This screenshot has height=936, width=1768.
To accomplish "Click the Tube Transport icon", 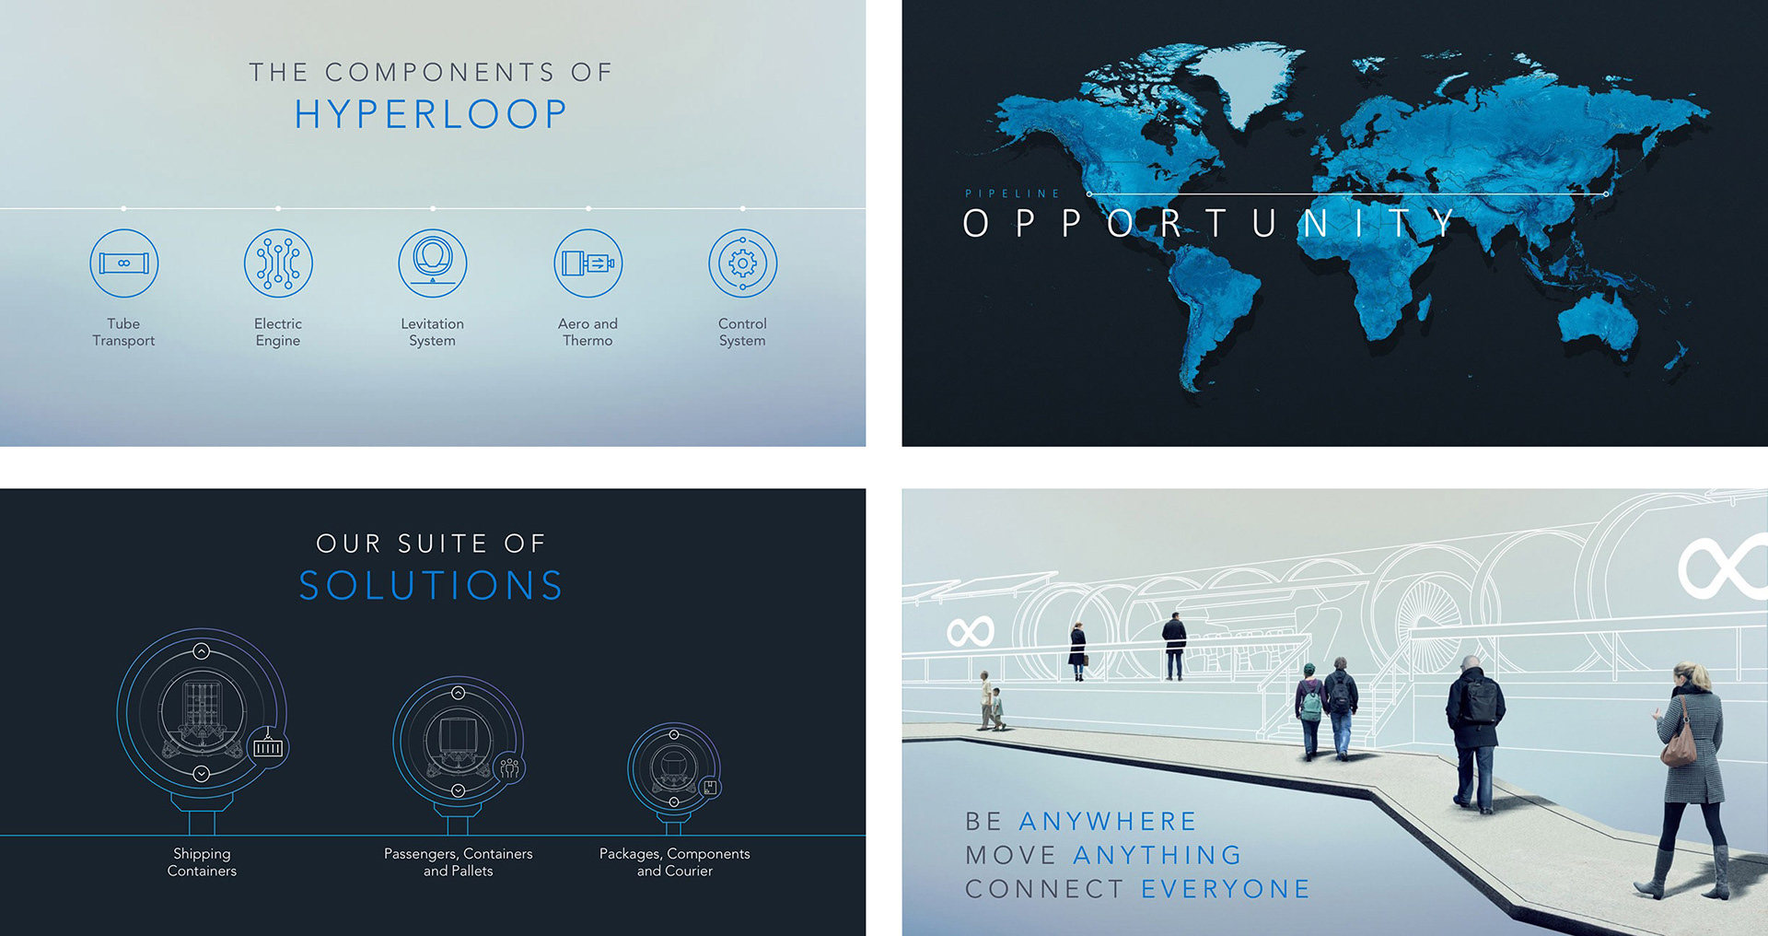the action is pos(123,263).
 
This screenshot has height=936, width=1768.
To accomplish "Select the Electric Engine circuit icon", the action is pos(278,263).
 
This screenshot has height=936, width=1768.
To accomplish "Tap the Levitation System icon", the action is pos(433,263).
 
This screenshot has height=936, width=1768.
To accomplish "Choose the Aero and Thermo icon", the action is pos(587,263).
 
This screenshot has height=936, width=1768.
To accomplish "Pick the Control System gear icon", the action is pos(742,263).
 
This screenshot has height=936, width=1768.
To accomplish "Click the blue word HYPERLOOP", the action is pos(431,114).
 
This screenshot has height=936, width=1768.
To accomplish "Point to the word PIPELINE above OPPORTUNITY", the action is pos(1012,193).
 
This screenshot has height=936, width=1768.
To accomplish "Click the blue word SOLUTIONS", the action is pos(431,586).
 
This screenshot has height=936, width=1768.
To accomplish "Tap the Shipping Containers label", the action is pos(202,862).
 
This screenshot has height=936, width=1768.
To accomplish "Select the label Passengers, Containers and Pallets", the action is pos(459,862).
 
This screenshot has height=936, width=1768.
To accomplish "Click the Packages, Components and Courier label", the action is pos(675,862).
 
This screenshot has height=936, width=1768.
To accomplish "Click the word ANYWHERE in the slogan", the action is pos(1107,821).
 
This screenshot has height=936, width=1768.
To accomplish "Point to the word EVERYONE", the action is pos(1226,889).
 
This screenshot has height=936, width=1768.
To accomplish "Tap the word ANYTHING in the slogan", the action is pos(1157,855).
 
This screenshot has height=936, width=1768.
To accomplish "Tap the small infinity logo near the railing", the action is pos(971,632).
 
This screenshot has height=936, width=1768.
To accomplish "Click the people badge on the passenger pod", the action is pos(509,767).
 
